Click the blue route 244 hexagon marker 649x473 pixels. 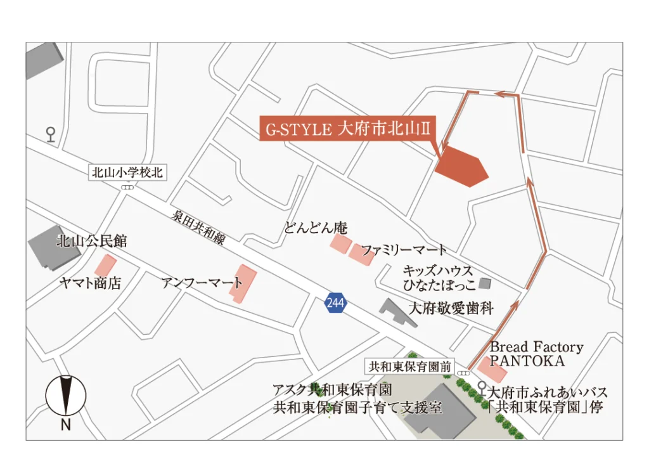point(335,303)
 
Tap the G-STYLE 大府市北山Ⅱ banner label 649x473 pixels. point(348,129)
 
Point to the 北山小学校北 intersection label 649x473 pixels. point(127,172)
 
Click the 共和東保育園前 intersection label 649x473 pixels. point(410,366)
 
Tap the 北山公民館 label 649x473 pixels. point(92,241)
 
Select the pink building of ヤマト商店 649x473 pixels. point(105,265)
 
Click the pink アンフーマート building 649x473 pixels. point(246,283)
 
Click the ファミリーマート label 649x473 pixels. point(404,250)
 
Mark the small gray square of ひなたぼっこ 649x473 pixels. point(485,282)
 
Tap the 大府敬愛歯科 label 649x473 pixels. point(451,309)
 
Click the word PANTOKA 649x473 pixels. point(527,361)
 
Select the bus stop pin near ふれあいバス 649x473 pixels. point(482,386)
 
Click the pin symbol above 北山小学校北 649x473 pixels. point(51,133)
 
